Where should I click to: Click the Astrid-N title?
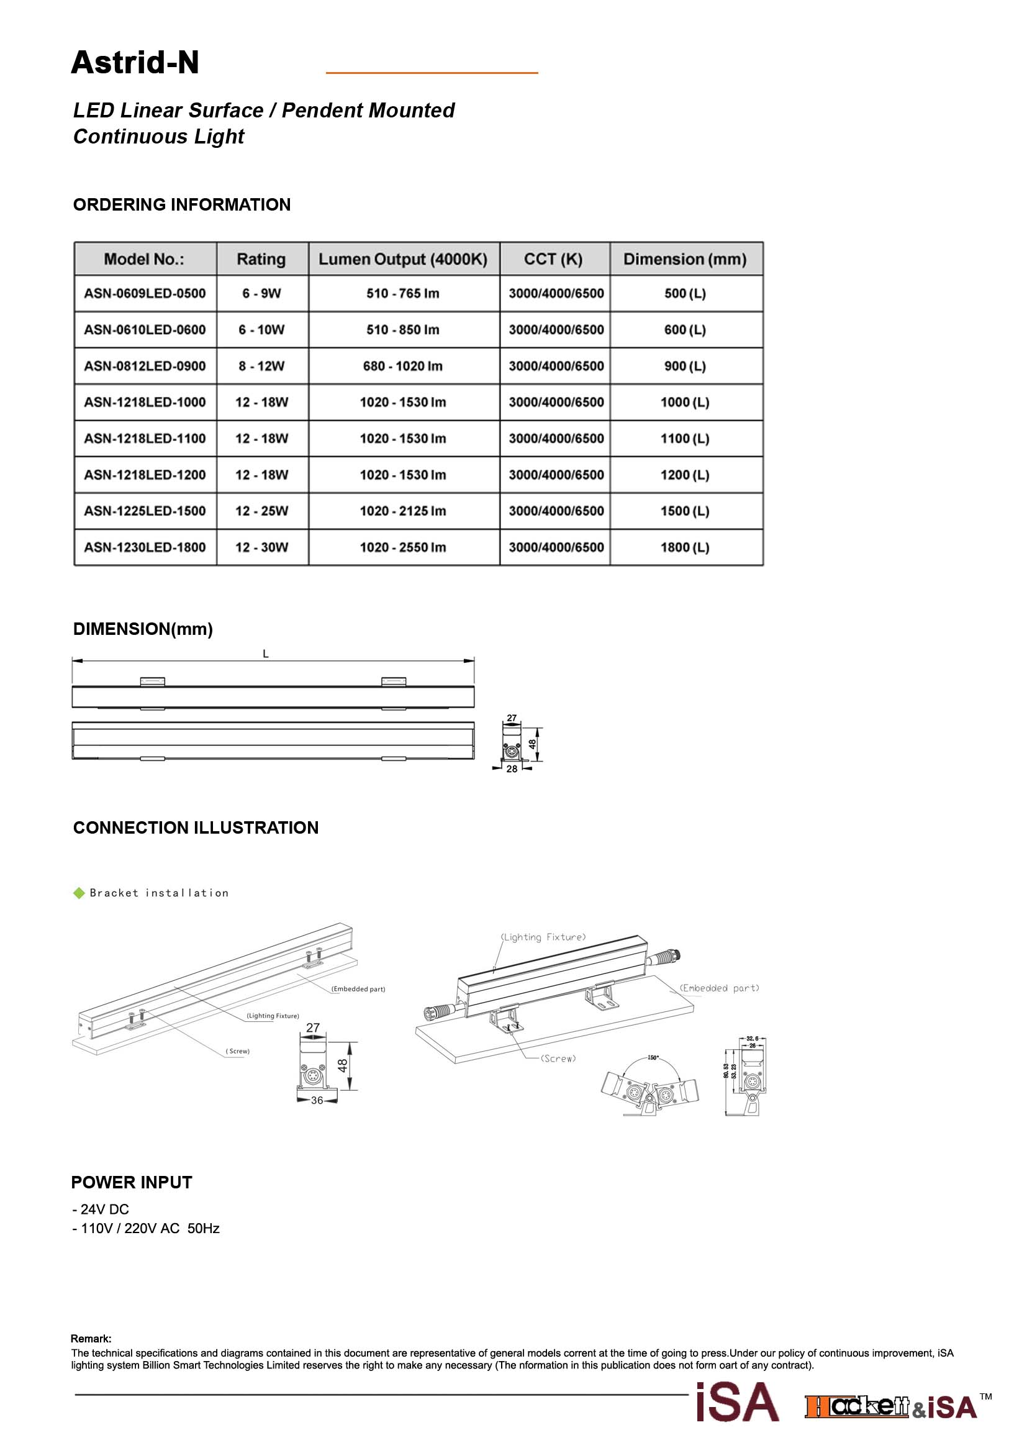click(x=135, y=63)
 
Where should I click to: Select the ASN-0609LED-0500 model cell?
click(x=145, y=294)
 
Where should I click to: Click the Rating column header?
click(x=261, y=260)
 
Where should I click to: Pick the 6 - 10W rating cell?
click(x=261, y=330)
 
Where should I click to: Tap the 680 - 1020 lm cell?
click(x=403, y=367)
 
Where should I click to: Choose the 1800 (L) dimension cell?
click(x=685, y=547)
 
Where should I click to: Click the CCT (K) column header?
click(x=553, y=260)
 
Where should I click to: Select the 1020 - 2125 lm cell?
click(x=403, y=511)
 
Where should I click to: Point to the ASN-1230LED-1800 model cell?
click(x=145, y=547)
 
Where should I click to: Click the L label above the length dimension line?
click(x=266, y=654)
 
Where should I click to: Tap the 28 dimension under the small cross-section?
click(x=512, y=769)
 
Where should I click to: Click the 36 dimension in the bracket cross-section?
click(x=317, y=1101)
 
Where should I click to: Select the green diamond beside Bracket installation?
click(x=79, y=893)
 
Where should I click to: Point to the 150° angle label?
click(x=653, y=1057)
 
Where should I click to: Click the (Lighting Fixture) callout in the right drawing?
click(x=543, y=937)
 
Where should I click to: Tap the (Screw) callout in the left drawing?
click(x=238, y=1051)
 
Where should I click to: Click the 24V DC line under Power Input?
click(x=101, y=1209)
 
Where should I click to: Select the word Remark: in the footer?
click(x=91, y=1339)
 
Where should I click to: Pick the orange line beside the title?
click(x=432, y=73)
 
